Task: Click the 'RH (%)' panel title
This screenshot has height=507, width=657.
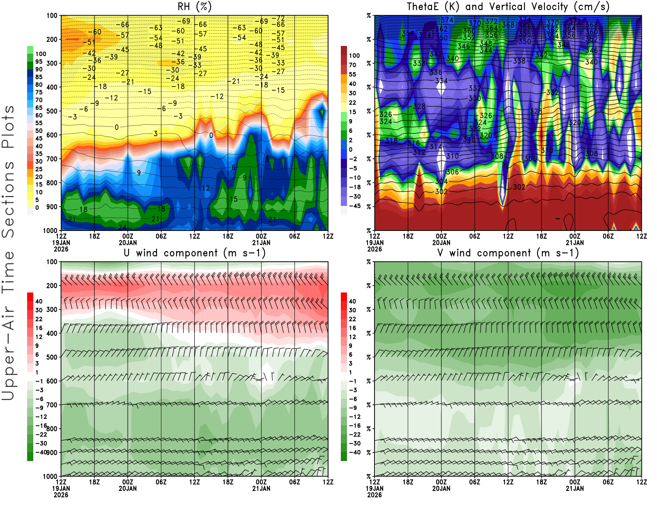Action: click(194, 7)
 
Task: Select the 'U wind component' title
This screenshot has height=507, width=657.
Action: click(195, 253)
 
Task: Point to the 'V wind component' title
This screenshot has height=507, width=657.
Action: click(508, 253)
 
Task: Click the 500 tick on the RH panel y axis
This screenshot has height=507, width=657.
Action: click(52, 111)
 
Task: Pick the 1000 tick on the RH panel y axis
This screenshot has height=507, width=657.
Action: click(51, 231)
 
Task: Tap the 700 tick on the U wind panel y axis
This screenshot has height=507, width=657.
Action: click(52, 405)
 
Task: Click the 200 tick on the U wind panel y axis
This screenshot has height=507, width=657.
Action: click(52, 285)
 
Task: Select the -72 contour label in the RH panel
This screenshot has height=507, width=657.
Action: click(280, 18)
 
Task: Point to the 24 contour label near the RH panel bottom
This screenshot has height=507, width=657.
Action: click(122, 227)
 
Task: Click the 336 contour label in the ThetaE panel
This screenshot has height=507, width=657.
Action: click(436, 72)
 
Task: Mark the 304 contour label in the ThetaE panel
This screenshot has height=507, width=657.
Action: click(441, 181)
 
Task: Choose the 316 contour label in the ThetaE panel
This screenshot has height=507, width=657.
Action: click(413, 143)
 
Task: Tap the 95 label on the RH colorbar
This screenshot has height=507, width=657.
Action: click(39, 62)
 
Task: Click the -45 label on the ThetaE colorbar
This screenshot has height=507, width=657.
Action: click(355, 206)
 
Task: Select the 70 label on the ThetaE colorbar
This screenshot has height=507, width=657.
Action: click(352, 65)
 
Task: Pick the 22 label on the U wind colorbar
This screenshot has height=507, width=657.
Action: click(39, 319)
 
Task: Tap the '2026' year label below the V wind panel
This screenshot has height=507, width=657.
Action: click(374, 495)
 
